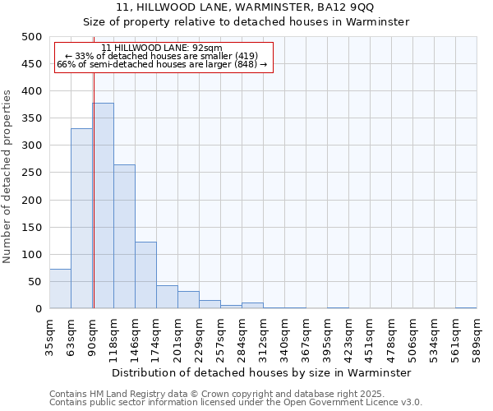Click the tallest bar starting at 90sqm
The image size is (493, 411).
[103, 205]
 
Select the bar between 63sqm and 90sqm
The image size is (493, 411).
[81, 219]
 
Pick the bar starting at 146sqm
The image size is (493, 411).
[145, 275]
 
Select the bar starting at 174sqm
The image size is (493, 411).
[167, 297]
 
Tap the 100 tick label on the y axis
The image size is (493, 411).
[33, 255]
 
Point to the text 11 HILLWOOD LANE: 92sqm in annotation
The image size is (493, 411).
[163, 48]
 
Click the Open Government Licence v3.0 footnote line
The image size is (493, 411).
[236, 403]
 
